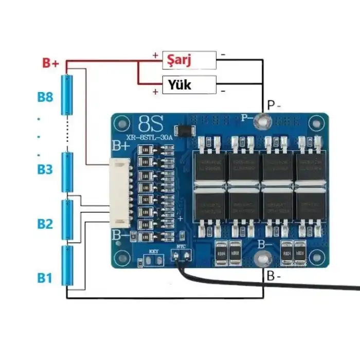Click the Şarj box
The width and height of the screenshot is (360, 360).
click(x=189, y=60)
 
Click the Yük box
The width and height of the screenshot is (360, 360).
click(x=189, y=84)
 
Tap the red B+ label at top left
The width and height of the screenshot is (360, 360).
click(x=51, y=63)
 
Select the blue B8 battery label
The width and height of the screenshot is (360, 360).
click(x=45, y=97)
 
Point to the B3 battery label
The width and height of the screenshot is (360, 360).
click(x=45, y=170)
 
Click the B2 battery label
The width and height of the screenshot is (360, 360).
click(x=45, y=224)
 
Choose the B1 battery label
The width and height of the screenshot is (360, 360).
click(x=45, y=278)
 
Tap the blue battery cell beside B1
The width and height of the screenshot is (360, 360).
click(x=67, y=265)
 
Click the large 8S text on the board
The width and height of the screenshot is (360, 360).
click(x=151, y=124)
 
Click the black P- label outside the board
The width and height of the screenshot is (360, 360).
click(x=274, y=105)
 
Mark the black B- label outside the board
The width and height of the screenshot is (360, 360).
click(x=273, y=276)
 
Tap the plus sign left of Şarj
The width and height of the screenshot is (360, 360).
click(x=155, y=55)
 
